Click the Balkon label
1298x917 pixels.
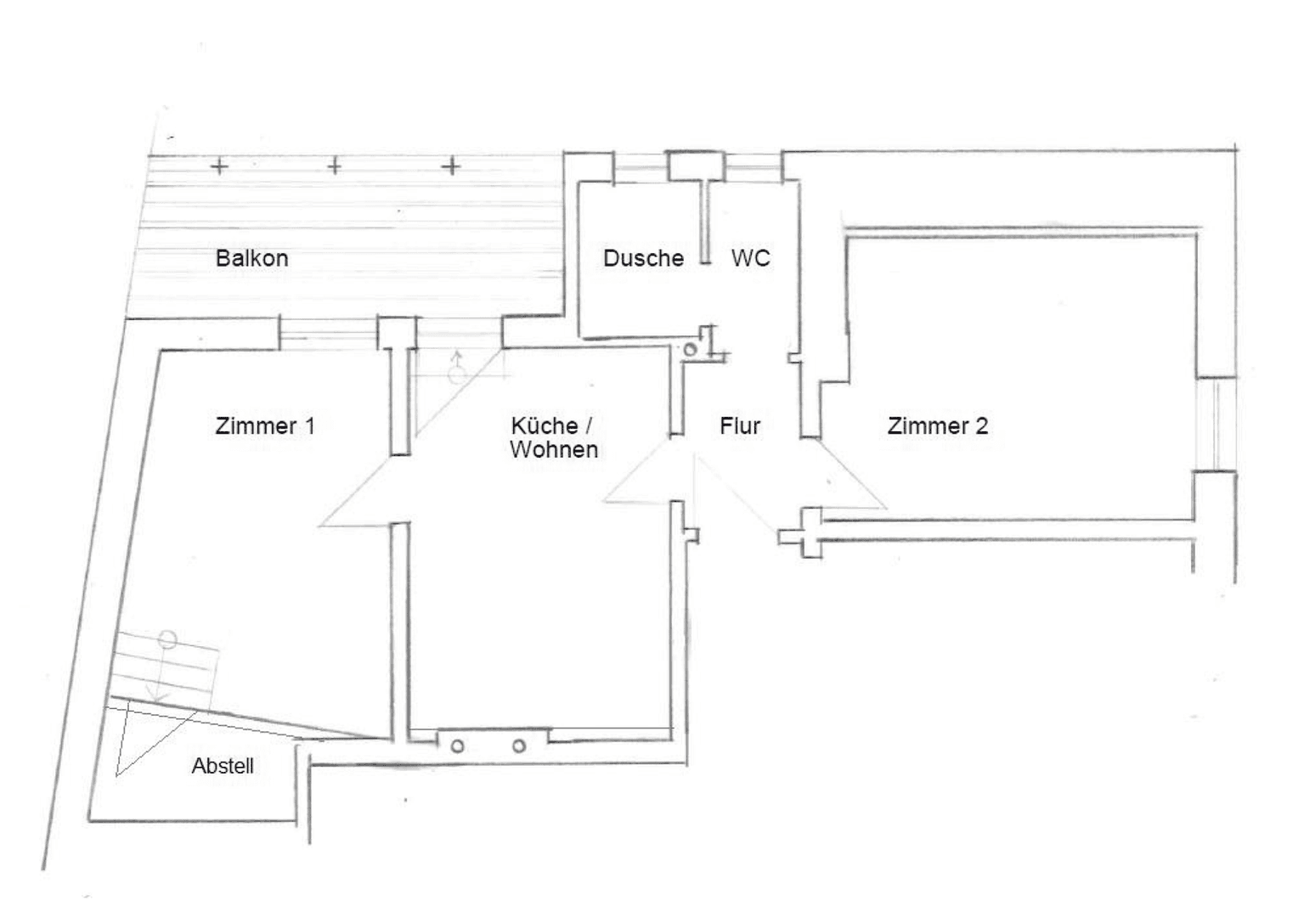(x=251, y=258)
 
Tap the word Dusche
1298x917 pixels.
(x=643, y=258)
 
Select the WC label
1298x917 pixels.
(x=750, y=258)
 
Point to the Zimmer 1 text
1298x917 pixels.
(x=265, y=426)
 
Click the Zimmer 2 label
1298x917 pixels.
(x=937, y=426)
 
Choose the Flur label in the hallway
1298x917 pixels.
(x=739, y=426)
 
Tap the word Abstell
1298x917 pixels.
(x=223, y=766)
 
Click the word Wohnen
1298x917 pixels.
(x=554, y=450)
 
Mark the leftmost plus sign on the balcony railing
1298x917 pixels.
(x=219, y=166)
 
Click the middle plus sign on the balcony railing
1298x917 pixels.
(x=335, y=166)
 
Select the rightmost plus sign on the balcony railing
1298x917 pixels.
(x=451, y=166)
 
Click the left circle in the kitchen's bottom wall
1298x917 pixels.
(x=457, y=746)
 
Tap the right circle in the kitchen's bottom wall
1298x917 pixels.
(x=518, y=746)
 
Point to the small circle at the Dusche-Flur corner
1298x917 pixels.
(x=691, y=349)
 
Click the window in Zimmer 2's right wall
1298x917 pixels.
(x=1216, y=423)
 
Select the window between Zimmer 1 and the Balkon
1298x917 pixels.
(x=328, y=333)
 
